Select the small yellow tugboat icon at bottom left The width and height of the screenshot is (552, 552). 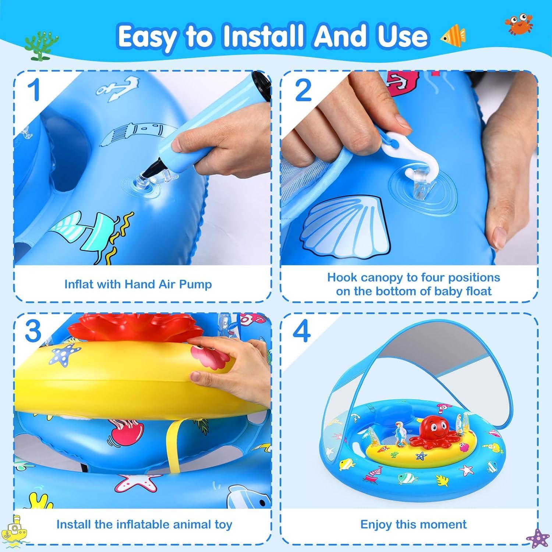click(x=15, y=530)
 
